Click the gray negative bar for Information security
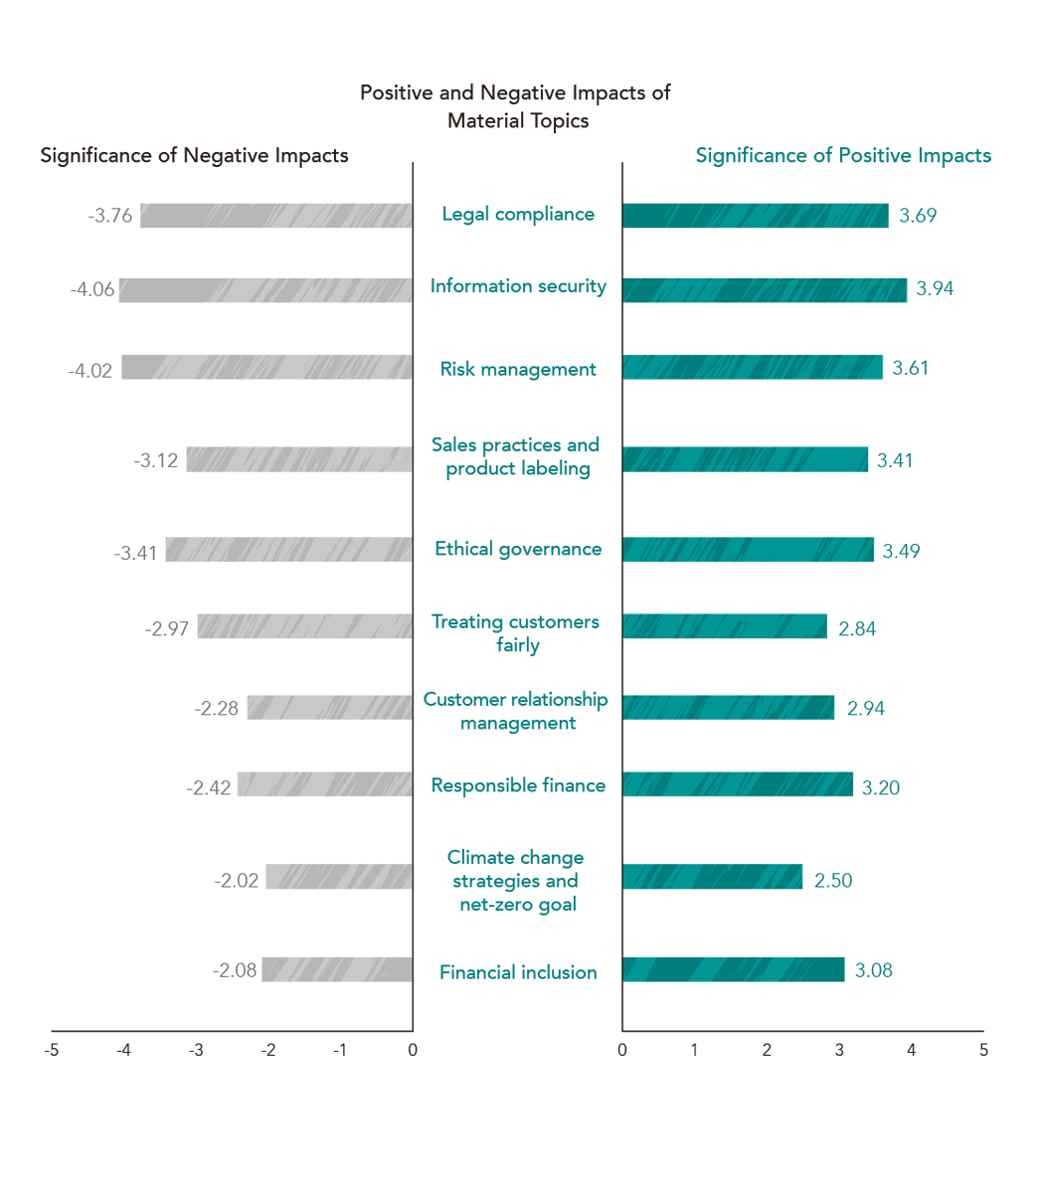265,290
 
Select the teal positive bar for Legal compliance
755,216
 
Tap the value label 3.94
935,288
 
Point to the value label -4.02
90,371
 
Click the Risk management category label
518,369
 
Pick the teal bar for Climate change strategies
712,877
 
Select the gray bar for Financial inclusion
337,969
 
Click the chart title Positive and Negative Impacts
516,106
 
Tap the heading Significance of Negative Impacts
194,155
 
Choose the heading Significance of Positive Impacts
843,155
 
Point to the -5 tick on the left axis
52,1050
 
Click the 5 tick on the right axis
983,1050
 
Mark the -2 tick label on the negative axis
268,1050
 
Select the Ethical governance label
518,549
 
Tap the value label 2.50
833,881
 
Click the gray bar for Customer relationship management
330,707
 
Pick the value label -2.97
167,629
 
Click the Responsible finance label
518,785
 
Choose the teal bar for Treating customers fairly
725,626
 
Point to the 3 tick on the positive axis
839,1050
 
